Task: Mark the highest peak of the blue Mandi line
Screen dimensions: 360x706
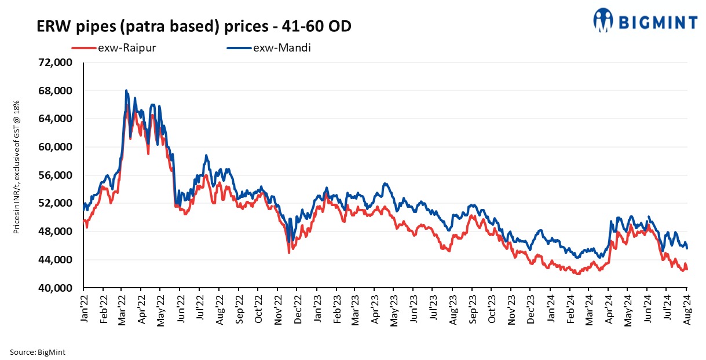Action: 126,91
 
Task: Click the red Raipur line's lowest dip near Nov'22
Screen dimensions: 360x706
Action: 289,252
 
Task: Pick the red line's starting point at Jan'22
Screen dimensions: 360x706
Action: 84,221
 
